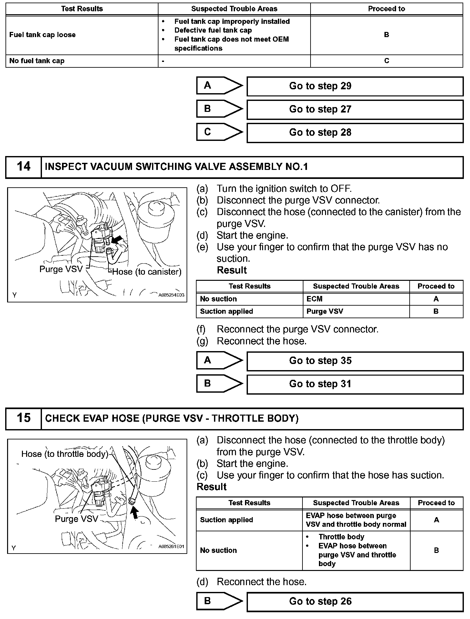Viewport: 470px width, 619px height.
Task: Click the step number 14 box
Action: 24,167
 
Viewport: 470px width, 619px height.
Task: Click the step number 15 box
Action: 24,418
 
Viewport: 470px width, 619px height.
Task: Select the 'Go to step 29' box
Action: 355,86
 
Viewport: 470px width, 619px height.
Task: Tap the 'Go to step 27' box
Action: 355,109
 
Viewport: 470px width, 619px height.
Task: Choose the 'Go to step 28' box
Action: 355,133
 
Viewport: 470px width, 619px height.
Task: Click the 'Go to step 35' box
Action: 355,361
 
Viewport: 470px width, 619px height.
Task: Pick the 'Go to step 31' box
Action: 355,384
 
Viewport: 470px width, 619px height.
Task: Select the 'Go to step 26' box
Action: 355,602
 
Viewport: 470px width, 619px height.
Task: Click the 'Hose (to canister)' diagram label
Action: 147,272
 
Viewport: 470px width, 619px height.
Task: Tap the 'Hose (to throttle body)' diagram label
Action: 65,454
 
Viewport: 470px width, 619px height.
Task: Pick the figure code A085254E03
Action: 171,295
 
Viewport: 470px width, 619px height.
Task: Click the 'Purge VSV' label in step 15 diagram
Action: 76,519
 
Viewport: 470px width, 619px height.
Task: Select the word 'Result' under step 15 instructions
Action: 211,487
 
